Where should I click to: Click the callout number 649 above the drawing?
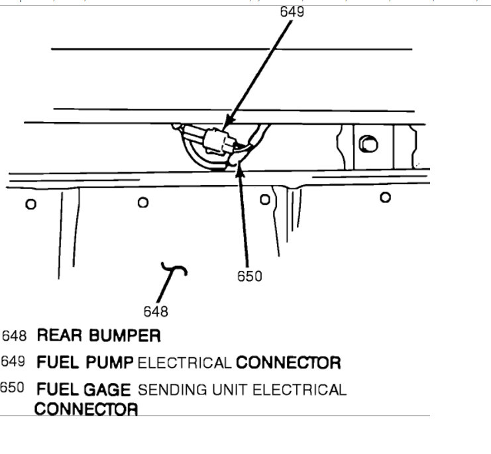coord(292,11)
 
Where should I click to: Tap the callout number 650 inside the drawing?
coord(250,276)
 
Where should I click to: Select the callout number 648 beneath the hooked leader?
coord(156,311)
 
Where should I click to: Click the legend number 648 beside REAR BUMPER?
coord(14,335)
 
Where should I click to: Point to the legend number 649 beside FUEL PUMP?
coord(13,362)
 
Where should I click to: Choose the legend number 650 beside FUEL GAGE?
coord(12,388)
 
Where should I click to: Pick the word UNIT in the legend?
coord(229,390)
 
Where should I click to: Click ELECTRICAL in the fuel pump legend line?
coord(185,363)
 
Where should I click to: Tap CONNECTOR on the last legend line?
coord(86,409)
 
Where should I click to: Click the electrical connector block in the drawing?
coord(218,141)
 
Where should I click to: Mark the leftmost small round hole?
coord(30,204)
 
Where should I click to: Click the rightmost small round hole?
coord(385,197)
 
